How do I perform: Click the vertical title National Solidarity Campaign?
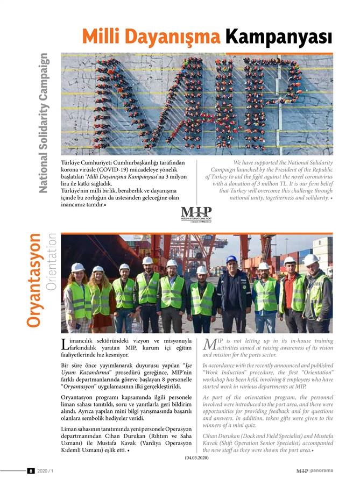(44, 123)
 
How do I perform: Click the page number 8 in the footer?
(31, 471)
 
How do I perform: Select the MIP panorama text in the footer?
(314, 471)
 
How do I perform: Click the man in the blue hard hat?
(232, 293)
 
